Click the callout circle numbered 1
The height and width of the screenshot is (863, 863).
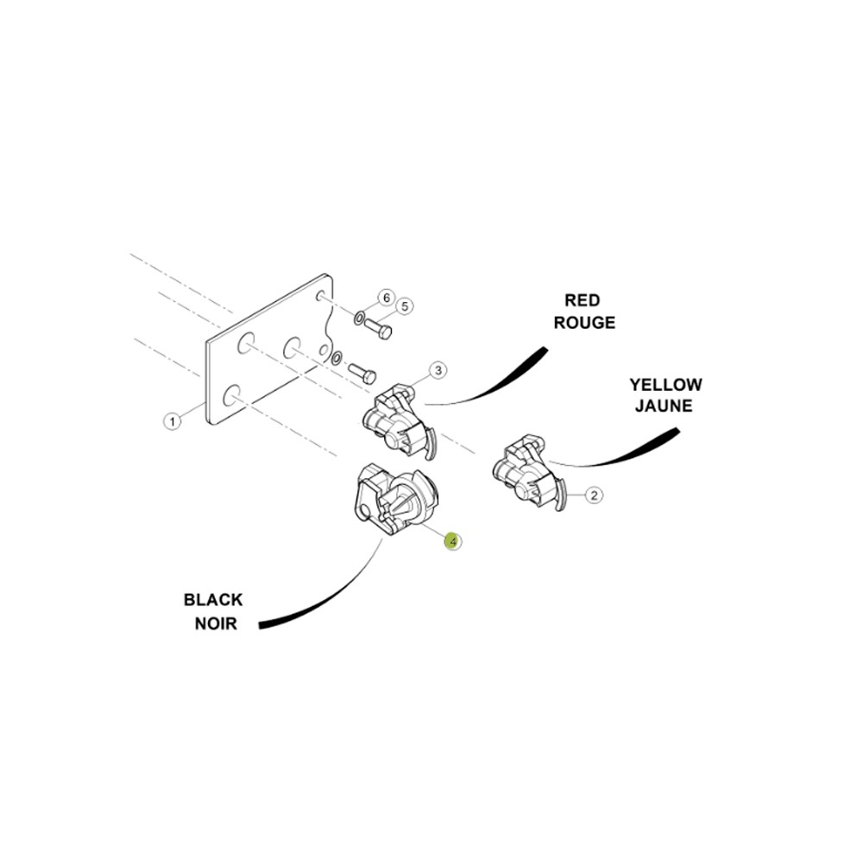click(x=173, y=422)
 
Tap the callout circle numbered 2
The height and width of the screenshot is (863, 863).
click(x=594, y=494)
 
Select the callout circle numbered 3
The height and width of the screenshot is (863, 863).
click(x=438, y=370)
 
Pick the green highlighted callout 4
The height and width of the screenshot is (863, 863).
click(x=453, y=542)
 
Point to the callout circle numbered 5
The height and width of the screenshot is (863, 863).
click(x=405, y=306)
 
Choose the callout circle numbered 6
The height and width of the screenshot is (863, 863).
click(x=387, y=298)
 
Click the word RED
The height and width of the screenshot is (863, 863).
click(x=583, y=300)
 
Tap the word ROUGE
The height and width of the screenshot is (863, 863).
click(x=584, y=323)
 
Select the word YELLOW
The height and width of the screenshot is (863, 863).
click(x=666, y=384)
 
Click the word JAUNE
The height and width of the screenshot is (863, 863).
click(x=664, y=406)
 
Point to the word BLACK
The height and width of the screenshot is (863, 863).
click(x=213, y=600)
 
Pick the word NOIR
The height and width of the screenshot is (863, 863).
click(x=216, y=624)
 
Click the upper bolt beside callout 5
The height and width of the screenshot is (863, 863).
click(x=378, y=329)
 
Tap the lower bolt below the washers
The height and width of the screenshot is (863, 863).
click(x=362, y=373)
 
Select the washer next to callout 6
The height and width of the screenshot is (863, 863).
click(x=359, y=318)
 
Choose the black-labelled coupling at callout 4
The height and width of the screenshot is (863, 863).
click(x=395, y=500)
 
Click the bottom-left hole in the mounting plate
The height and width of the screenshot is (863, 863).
click(x=231, y=395)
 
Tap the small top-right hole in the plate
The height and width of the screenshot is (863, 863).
click(x=319, y=296)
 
